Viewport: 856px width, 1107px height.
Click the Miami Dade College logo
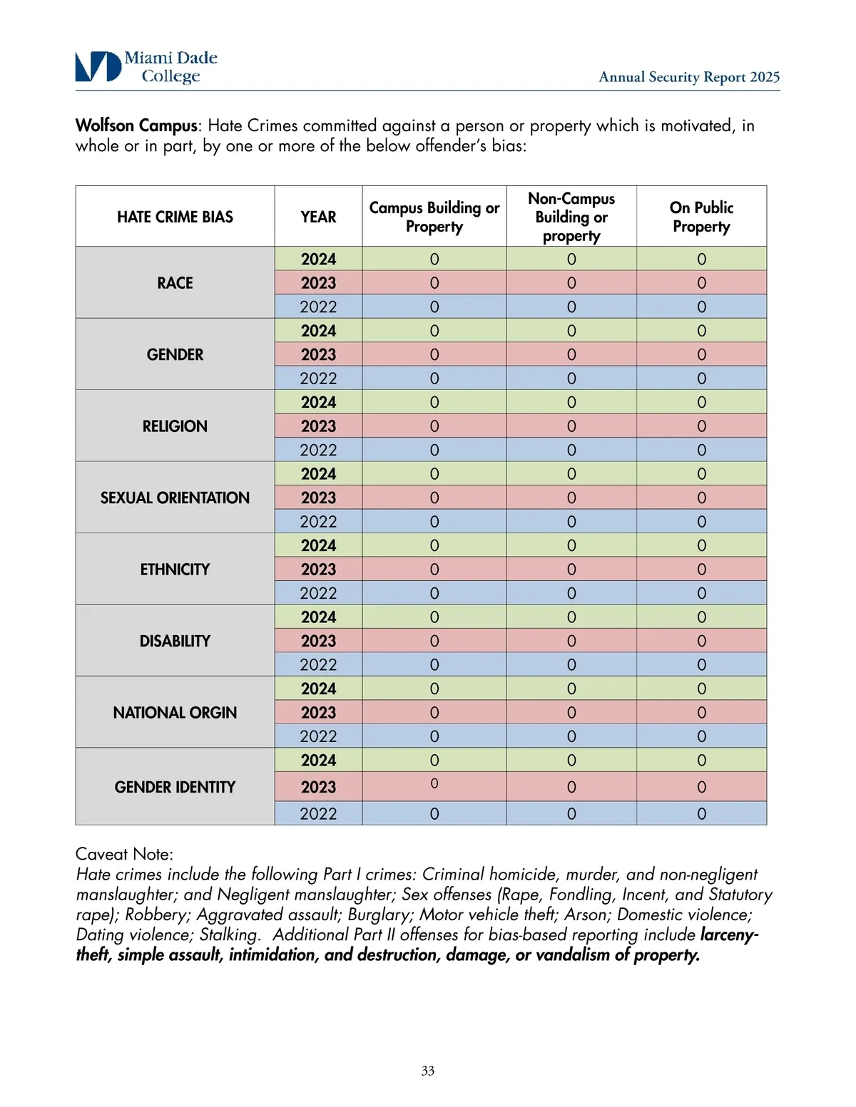(146, 67)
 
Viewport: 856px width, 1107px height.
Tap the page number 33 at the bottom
(428, 1071)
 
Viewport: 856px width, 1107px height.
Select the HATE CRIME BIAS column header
(175, 217)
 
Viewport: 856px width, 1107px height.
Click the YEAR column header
(318, 217)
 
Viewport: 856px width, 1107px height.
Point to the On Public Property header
(701, 217)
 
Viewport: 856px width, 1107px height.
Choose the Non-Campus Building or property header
(571, 217)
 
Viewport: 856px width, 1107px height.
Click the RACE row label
(175, 283)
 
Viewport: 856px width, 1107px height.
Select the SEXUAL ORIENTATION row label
(175, 498)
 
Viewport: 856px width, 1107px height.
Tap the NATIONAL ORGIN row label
(175, 713)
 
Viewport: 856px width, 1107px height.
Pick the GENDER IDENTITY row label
(175, 787)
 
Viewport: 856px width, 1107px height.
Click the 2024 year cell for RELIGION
(318, 402)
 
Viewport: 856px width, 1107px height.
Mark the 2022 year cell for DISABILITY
(318, 664)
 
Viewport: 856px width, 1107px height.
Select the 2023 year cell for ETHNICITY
(318, 570)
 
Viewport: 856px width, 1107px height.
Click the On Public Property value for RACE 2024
(701, 259)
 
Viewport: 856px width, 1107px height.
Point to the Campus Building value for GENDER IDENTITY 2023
(434, 783)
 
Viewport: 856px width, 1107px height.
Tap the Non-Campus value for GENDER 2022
(571, 379)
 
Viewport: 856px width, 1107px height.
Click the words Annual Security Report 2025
(689, 77)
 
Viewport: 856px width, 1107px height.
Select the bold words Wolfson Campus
(136, 125)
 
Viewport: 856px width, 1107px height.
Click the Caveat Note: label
(124, 854)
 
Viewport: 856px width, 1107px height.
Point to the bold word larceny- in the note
(729, 934)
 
